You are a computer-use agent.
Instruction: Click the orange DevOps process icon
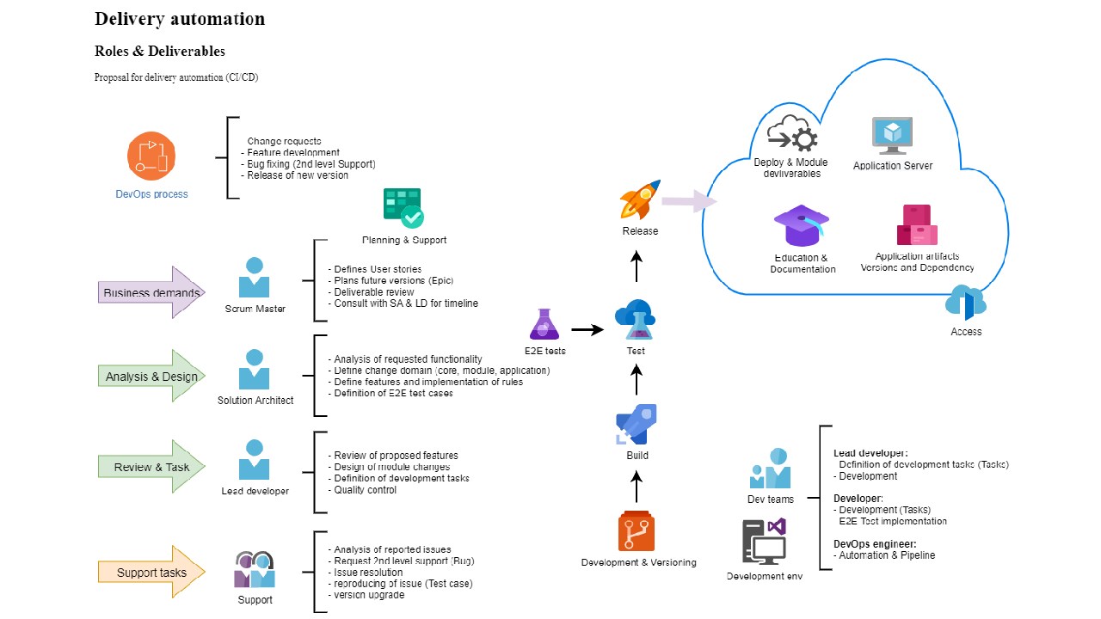151,156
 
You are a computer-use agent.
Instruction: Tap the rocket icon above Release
640,199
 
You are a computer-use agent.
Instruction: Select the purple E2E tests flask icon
544,324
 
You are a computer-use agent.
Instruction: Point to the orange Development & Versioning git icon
637,531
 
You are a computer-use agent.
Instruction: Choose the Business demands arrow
151,292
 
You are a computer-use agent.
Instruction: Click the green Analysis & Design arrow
151,376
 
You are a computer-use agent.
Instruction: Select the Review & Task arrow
151,467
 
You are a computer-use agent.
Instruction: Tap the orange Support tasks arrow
151,572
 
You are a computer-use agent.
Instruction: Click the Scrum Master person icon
255,278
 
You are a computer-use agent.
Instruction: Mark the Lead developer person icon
255,460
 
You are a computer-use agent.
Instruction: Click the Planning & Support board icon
403,208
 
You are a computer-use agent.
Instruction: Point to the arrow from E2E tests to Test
587,328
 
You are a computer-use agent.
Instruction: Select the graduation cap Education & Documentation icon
802,226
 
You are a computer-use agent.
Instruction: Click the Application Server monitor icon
892,136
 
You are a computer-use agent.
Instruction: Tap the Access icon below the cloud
965,304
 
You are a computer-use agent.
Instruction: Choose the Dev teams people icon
770,469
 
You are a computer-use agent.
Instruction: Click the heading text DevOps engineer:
874,543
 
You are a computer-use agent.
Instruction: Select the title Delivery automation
180,19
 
